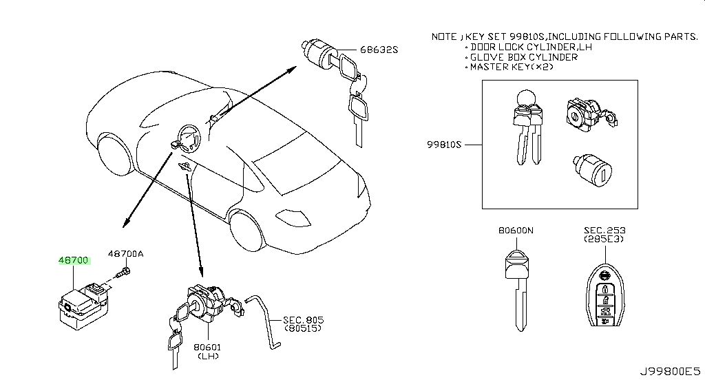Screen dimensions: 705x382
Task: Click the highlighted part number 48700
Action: (x=74, y=260)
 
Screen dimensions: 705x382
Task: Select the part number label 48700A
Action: (x=125, y=254)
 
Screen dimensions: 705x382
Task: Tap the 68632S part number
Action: (x=379, y=50)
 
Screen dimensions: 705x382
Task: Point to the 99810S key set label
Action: (x=444, y=145)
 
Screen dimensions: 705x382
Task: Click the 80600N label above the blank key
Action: (x=516, y=230)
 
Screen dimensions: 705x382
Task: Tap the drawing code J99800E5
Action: (x=670, y=372)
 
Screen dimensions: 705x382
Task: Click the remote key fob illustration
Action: (x=604, y=299)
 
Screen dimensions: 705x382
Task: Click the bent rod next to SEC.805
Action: (x=265, y=321)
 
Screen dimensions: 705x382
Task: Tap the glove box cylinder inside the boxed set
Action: (x=592, y=170)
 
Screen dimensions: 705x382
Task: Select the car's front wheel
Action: (x=246, y=231)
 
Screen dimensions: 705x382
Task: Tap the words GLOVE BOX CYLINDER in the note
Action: (x=524, y=57)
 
